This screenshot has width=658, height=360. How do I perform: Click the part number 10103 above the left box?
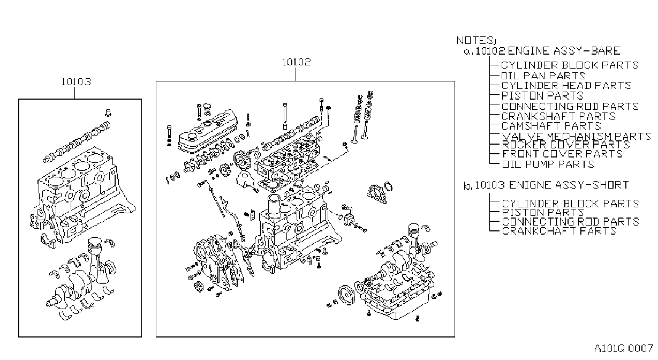point(76,82)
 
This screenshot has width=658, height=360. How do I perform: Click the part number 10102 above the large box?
point(296,62)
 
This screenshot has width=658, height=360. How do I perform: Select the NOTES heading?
point(476,40)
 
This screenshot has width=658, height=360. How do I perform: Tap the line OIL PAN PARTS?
point(543,76)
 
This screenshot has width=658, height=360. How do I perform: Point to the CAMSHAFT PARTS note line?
point(551,126)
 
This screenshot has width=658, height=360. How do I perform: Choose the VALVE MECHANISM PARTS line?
point(576,137)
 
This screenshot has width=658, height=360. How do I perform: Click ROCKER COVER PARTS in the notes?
point(566,145)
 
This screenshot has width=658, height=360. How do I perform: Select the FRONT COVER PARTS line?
point(562,154)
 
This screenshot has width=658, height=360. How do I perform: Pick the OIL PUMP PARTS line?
point(548,164)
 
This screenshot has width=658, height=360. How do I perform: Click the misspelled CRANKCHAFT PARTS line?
point(559,231)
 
